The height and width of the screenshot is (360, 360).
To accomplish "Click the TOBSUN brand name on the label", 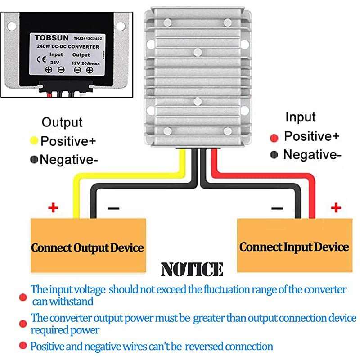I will [45, 38].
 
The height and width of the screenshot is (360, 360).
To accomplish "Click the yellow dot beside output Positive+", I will [34, 140].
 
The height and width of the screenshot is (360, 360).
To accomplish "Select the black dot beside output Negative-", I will [34, 159].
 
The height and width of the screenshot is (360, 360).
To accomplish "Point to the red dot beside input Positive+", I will [274, 137].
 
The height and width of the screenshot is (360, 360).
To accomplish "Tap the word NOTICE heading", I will [192, 270].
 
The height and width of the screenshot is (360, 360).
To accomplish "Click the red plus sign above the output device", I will [54, 207].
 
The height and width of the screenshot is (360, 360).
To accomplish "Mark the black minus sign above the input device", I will [277, 208].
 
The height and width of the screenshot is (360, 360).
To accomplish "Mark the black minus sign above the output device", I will [113, 208].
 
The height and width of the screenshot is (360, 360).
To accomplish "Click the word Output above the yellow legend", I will [62, 122].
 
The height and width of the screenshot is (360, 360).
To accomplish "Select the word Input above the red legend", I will [301, 117].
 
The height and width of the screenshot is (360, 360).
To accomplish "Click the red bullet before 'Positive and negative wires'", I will [22, 346].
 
